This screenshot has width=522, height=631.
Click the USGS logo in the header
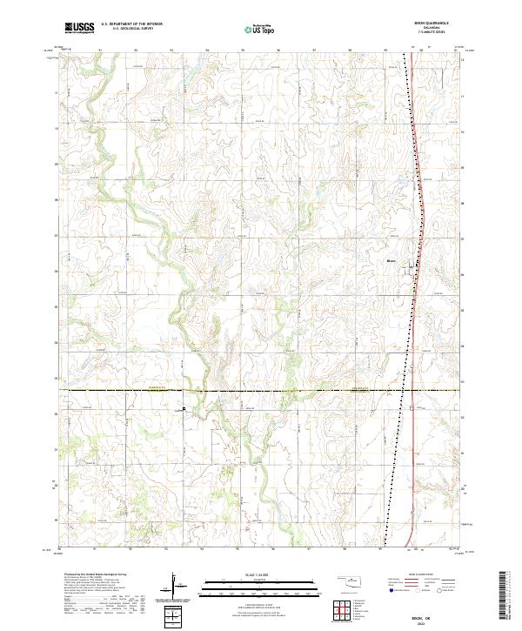pos(79,28)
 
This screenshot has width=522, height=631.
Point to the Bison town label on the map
pos(391,258)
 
